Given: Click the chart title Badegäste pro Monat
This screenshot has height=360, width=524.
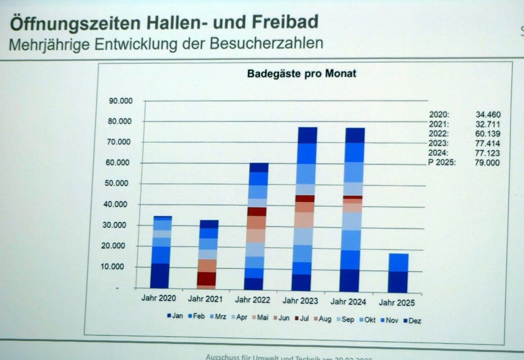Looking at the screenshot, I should [301, 74].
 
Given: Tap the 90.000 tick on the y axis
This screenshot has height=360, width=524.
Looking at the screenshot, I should [120, 101].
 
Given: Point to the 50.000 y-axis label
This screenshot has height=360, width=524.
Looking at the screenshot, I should [120, 184].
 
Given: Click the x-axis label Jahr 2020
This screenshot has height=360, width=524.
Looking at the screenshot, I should [158, 298].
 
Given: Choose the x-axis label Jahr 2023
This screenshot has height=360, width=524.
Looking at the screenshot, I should [301, 301].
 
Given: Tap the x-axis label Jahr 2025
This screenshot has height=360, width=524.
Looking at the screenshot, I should [397, 303].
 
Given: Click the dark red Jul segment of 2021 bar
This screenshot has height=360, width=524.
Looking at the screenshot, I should [206, 279].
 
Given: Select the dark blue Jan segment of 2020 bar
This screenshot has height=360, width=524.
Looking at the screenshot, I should [160, 275].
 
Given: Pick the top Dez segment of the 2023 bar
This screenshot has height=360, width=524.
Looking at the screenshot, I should [307, 135].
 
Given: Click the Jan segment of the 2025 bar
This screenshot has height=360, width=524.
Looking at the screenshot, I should [398, 282].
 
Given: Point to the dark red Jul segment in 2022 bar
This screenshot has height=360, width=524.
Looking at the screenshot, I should [257, 211].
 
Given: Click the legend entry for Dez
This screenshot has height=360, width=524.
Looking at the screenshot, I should [411, 321].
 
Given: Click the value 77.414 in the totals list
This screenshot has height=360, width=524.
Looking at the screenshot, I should [488, 144].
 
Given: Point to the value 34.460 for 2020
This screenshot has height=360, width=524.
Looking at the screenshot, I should [488, 115].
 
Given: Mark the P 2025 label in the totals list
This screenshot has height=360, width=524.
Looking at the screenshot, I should [443, 162].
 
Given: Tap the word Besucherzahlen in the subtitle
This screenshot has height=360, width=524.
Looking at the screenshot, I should [271, 44].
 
